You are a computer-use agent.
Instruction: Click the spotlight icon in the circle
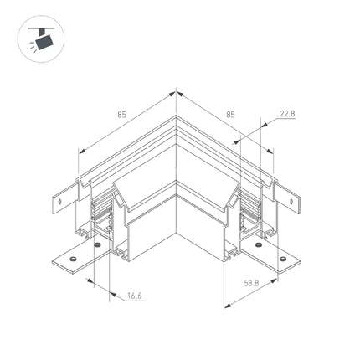click(x=41, y=39)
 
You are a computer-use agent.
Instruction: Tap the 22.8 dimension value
click(x=287, y=114)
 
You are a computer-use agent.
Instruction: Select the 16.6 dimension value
click(x=135, y=296)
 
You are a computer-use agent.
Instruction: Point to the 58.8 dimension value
click(x=251, y=283)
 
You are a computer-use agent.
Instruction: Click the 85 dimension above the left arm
click(x=121, y=115)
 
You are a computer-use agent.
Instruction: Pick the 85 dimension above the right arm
click(x=230, y=115)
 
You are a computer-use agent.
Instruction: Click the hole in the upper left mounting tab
click(x=59, y=202)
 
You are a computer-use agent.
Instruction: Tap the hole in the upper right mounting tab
click(x=291, y=202)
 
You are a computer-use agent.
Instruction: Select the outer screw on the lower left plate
click(x=74, y=259)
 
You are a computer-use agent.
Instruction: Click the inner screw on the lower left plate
click(x=97, y=244)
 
